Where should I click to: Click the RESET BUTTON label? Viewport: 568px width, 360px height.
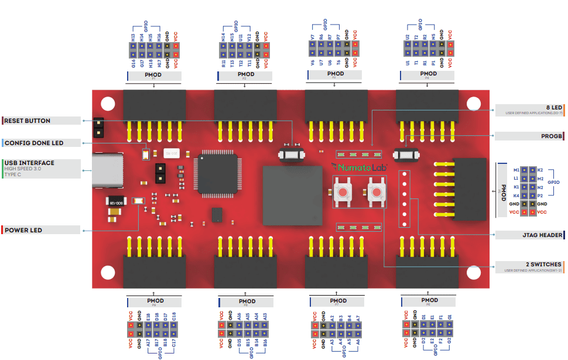28,121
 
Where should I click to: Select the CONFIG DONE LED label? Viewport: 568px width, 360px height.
34,143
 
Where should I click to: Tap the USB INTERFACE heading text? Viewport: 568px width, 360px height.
30,163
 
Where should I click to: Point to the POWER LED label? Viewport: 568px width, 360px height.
24,230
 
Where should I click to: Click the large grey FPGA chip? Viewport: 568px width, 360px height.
293,196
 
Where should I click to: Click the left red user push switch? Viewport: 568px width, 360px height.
343,191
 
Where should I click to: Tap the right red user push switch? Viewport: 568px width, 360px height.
376,191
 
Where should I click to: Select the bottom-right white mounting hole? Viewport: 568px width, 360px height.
474,273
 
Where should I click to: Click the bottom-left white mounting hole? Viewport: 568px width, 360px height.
108,273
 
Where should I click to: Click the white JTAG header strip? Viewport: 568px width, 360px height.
403,199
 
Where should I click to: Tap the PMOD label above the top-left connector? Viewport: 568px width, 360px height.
154,75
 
